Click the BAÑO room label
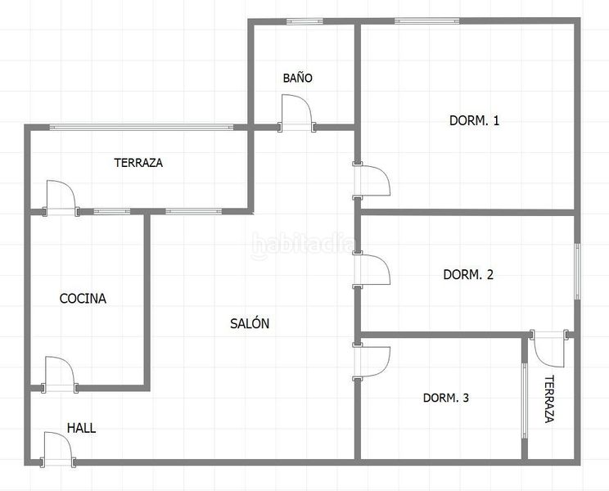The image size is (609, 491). click(297, 78)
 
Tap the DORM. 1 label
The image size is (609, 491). click(474, 120)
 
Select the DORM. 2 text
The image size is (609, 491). click(468, 274)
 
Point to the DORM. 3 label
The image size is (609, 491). click(446, 398)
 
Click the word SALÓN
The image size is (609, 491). click(250, 323)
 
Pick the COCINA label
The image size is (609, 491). click(83, 298)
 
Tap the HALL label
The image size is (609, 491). click(82, 428)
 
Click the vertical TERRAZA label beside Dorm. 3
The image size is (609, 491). click(548, 399)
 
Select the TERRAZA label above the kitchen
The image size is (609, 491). click(138, 162)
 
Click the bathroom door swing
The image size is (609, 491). click(297, 113)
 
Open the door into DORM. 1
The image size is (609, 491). click(372, 181)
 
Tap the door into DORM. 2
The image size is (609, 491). click(372, 270)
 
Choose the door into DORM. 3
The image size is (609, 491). click(372, 362)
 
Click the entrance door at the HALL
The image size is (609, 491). click(58, 449)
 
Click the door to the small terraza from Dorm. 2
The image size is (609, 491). click(549, 349)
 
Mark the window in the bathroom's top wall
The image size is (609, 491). click(304, 21)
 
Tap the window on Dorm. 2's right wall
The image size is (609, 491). click(578, 272)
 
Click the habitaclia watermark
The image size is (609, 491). click(303, 245)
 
